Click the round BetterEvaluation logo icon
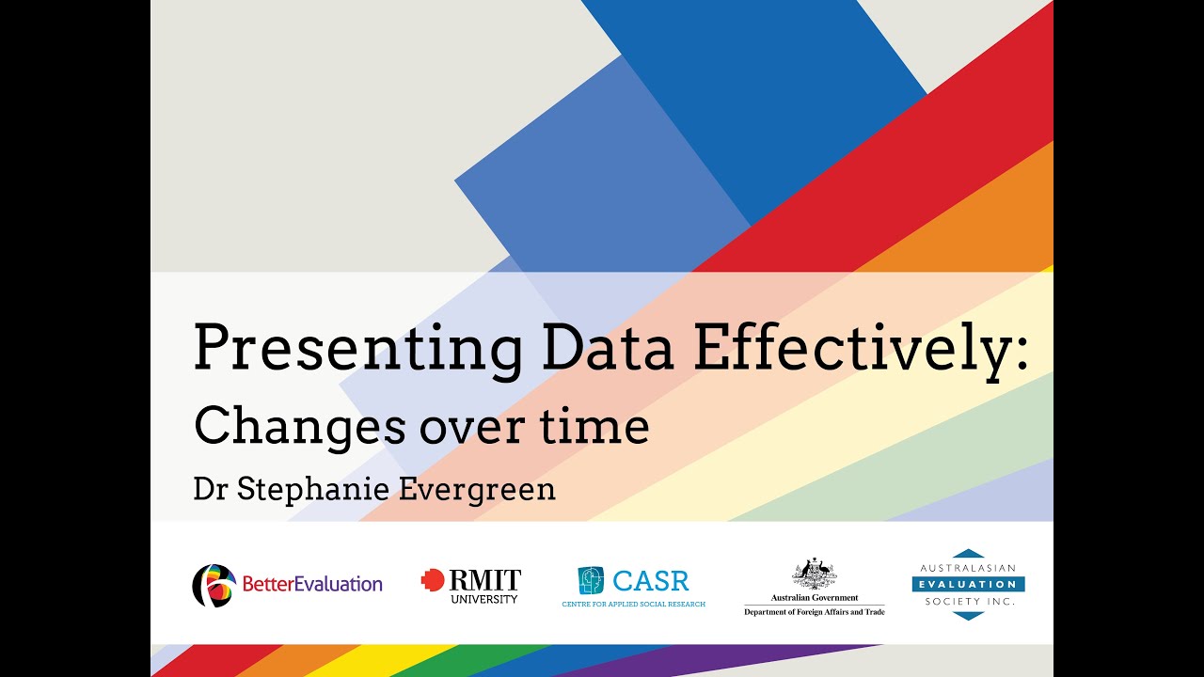click(214, 585)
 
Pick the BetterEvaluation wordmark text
click(312, 585)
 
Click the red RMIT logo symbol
click(433, 580)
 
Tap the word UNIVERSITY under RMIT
click(483, 599)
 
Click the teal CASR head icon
click(591, 580)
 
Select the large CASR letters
click(651, 580)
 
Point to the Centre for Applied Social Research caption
click(633, 604)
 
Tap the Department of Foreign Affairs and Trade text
click(815, 612)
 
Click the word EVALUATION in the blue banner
click(968, 584)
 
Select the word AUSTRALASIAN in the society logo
click(968, 569)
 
